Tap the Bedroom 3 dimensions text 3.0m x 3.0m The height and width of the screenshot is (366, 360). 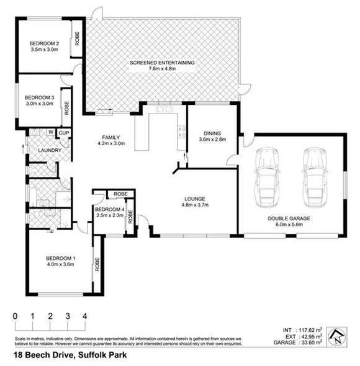tap(39, 105)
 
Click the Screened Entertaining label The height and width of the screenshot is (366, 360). tap(163, 63)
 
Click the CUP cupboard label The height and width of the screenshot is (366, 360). tap(63, 133)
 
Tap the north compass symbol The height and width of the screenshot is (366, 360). tap(336, 336)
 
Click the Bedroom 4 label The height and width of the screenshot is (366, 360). tap(109, 209)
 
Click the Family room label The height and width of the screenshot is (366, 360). tap(111, 137)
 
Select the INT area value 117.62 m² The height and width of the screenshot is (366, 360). tap(308, 330)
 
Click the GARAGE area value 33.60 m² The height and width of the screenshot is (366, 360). tap(310, 342)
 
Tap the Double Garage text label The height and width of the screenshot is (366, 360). tap(289, 218)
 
